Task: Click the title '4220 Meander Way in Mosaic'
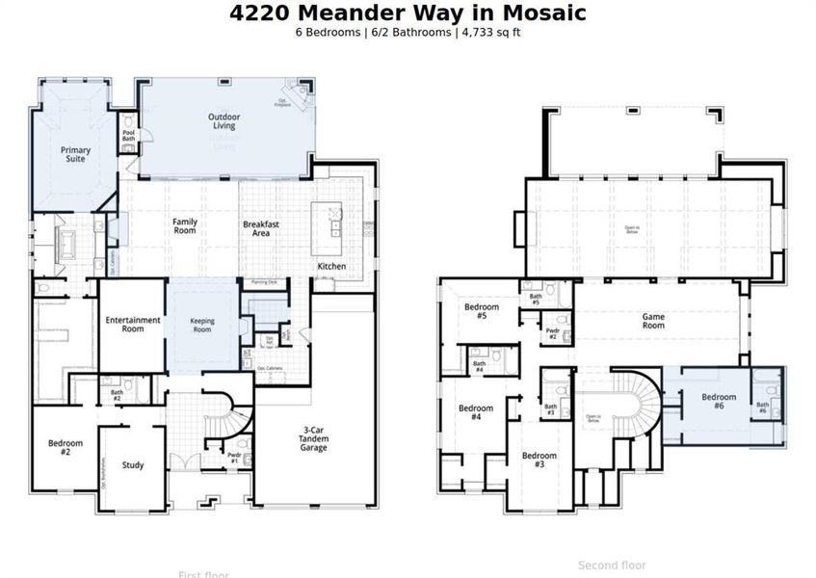[408, 13]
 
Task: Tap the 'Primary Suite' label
[75, 154]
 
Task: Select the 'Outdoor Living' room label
[224, 120]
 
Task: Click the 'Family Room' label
[185, 225]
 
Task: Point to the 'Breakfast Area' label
[261, 227]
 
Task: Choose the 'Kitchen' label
[331, 266]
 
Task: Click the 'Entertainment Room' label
[133, 324]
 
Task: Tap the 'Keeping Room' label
[201, 324]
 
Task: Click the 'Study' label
[133, 465]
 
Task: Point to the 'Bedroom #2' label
[66, 447]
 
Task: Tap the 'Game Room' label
[654, 321]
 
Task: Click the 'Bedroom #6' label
[719, 401]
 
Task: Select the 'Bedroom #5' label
[482, 311]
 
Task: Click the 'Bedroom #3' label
[540, 460]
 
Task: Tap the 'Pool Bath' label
[128, 136]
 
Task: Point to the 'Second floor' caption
[612, 565]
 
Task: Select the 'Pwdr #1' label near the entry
[234, 458]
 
